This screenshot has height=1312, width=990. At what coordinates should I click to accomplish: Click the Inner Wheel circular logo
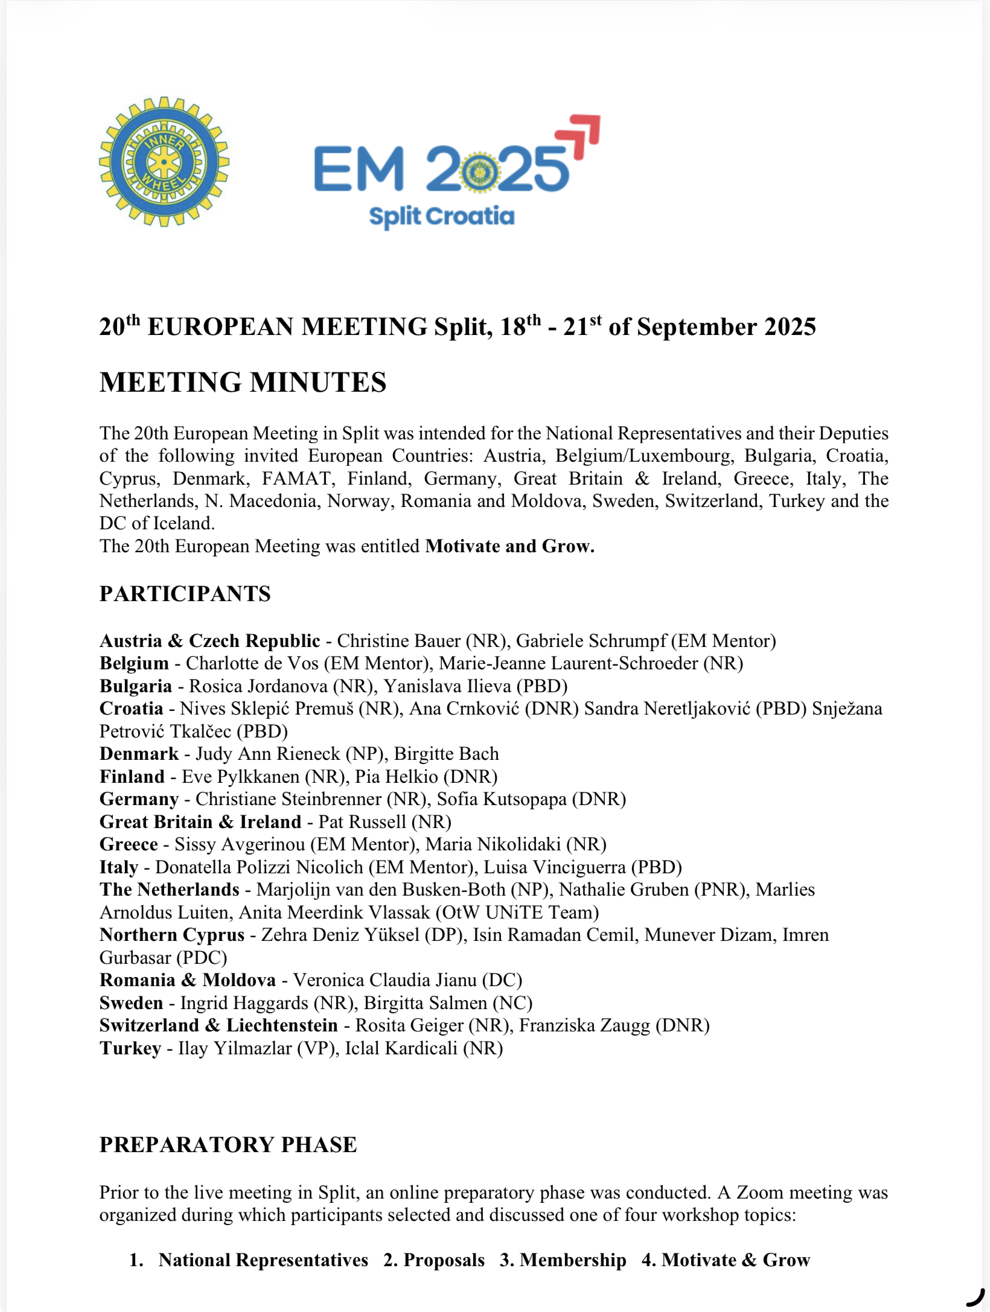164,161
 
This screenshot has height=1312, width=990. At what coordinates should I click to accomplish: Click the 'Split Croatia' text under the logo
441,216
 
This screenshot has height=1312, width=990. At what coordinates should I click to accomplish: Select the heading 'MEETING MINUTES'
243,382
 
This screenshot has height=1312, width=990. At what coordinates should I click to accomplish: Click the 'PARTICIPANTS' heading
185,593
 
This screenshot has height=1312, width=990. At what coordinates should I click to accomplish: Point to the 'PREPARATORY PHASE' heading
228,1144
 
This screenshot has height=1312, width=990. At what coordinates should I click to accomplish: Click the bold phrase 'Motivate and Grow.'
509,546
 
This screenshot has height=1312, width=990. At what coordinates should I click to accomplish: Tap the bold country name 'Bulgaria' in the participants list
136,686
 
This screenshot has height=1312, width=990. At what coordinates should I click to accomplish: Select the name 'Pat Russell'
362,821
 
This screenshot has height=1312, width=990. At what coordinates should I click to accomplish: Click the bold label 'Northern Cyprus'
172,934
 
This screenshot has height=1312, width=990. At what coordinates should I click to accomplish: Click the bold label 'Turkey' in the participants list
130,1048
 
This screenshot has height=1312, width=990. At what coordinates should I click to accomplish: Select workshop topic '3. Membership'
563,1259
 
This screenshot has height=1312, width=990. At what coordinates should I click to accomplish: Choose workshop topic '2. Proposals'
434,1259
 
